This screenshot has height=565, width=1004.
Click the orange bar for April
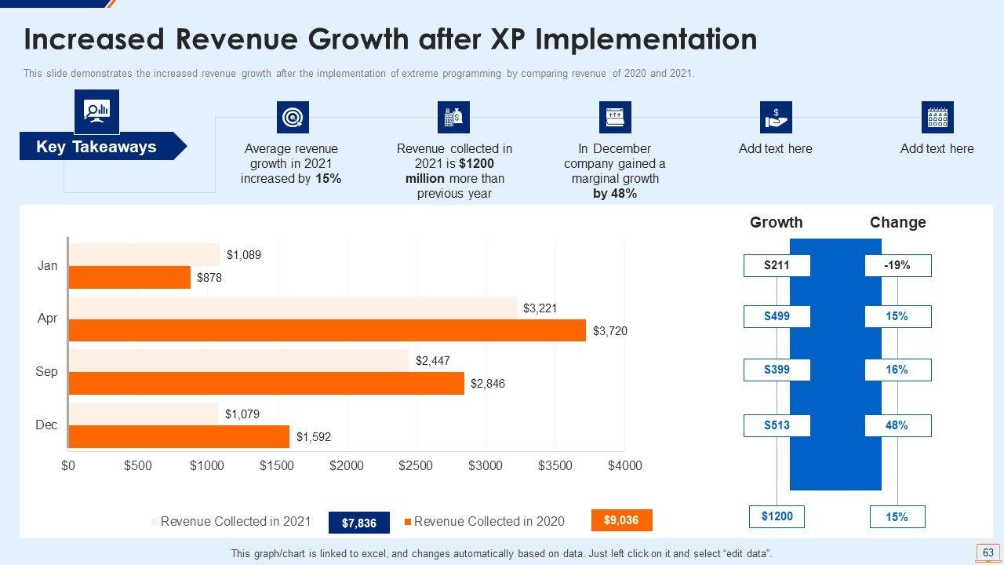pos(327,330)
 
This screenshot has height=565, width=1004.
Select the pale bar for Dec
pos(144,414)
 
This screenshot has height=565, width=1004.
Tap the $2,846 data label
pos(488,384)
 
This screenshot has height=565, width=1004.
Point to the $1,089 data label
pos(244,255)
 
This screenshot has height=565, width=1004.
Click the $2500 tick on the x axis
pos(416,465)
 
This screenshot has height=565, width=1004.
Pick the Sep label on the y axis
pos(47,371)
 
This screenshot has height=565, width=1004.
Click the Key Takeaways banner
pos(96,147)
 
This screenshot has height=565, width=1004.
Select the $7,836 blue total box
pos(359,523)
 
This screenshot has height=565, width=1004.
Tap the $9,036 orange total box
pos(620,519)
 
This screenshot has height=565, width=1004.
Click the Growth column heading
pos(777,222)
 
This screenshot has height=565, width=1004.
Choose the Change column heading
pos(897,222)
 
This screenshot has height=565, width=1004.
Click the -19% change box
pos(897,266)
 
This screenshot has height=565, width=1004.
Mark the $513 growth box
pos(777,425)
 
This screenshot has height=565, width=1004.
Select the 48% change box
pos(897,425)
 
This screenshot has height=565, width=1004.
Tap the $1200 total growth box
pos(777,516)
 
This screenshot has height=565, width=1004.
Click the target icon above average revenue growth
pos(293,118)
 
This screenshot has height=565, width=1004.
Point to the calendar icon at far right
pos(937,118)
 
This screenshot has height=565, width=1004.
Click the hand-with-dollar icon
pos(776,118)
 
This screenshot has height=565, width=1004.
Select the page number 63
pos(988,553)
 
